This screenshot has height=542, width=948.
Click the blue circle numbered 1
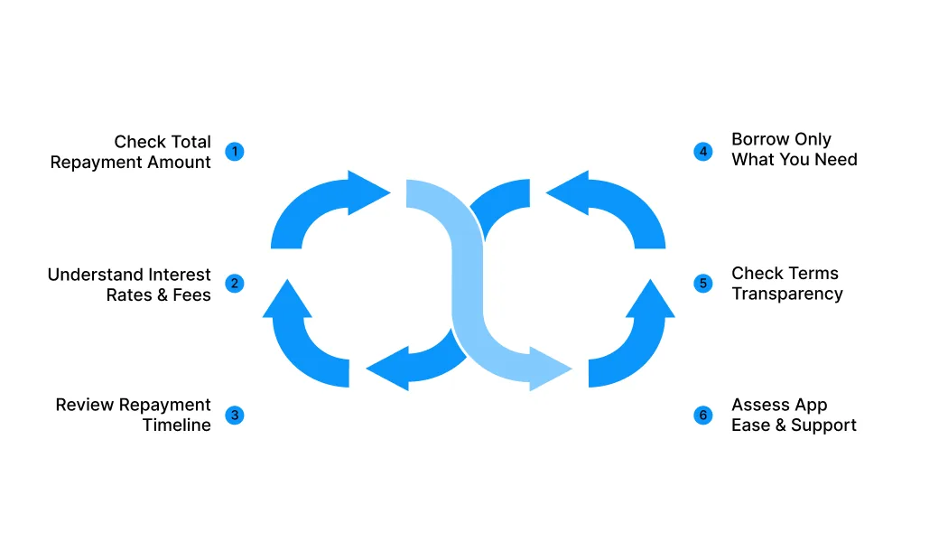[x=235, y=151]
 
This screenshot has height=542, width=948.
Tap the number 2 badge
[x=235, y=283]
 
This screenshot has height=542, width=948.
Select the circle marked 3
[x=235, y=415]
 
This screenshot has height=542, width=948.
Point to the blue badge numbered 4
[x=702, y=151]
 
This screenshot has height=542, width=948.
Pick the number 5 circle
[x=702, y=283]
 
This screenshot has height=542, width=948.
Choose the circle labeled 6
[x=702, y=415]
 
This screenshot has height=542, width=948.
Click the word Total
[x=189, y=142]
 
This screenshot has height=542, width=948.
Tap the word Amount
[x=181, y=162]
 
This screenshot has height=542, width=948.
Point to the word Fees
[x=191, y=295]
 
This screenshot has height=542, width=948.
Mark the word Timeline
[x=177, y=425]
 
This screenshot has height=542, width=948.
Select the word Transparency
[x=787, y=294]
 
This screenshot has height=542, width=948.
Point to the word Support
[x=823, y=425]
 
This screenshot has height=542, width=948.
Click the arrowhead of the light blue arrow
[x=550, y=369]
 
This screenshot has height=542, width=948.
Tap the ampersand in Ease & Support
[x=780, y=425]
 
